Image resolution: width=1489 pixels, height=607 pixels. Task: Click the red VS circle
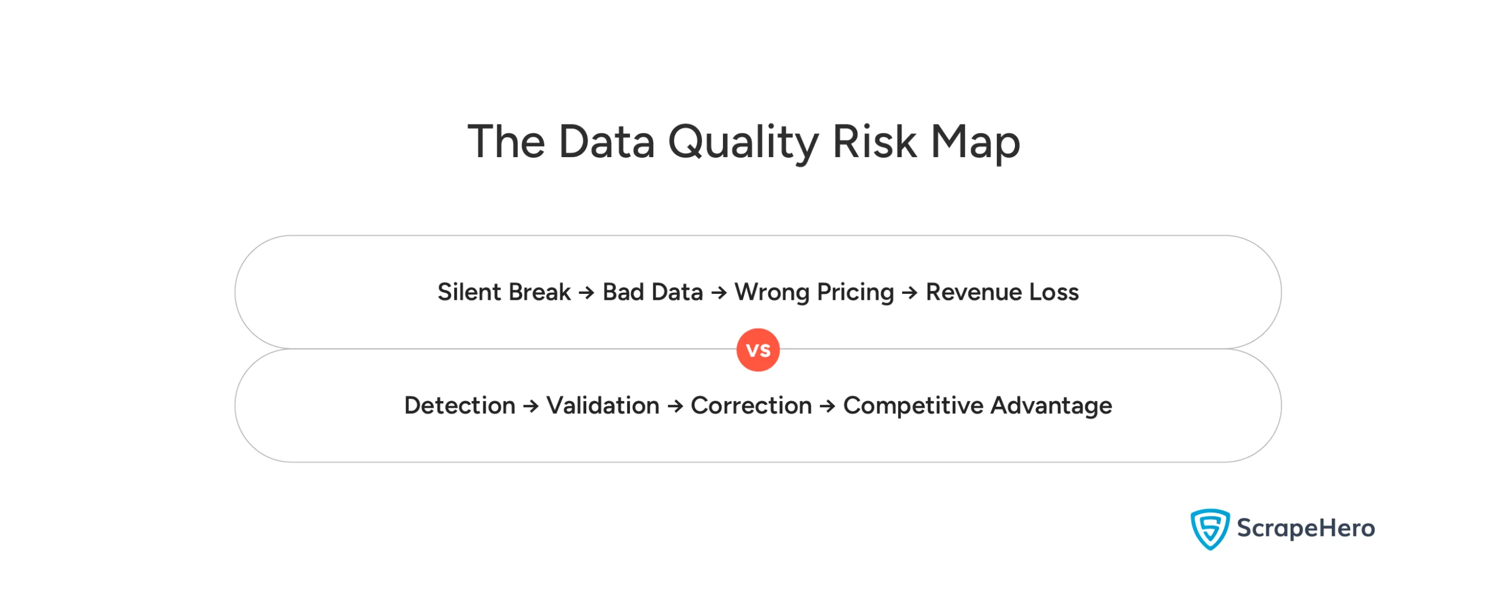point(758,350)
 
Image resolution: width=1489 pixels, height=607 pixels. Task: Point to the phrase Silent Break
point(504,292)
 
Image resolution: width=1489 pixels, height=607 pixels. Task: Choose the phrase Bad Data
point(652,292)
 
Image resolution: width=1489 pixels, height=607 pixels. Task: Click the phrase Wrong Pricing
point(814,292)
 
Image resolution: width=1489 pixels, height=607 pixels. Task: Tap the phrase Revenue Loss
point(1002,292)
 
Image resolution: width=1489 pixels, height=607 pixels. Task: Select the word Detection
point(459,405)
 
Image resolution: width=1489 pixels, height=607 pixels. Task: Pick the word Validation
point(603,405)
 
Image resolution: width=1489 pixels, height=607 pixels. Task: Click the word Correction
point(751,405)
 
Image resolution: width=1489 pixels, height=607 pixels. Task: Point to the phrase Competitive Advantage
point(977,405)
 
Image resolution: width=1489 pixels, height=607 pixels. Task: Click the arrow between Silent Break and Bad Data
point(586,292)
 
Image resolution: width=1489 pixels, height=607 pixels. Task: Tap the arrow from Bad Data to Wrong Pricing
point(719,292)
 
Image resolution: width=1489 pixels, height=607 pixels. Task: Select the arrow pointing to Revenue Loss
point(910,292)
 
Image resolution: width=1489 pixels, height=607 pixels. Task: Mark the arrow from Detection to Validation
point(530,406)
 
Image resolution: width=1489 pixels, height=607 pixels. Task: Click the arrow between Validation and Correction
point(675,406)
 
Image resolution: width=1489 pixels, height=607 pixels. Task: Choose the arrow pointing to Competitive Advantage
point(827,406)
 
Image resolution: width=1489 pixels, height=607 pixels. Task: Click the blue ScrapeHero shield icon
point(1209,528)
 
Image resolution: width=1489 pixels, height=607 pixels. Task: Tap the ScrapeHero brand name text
point(1305,528)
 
